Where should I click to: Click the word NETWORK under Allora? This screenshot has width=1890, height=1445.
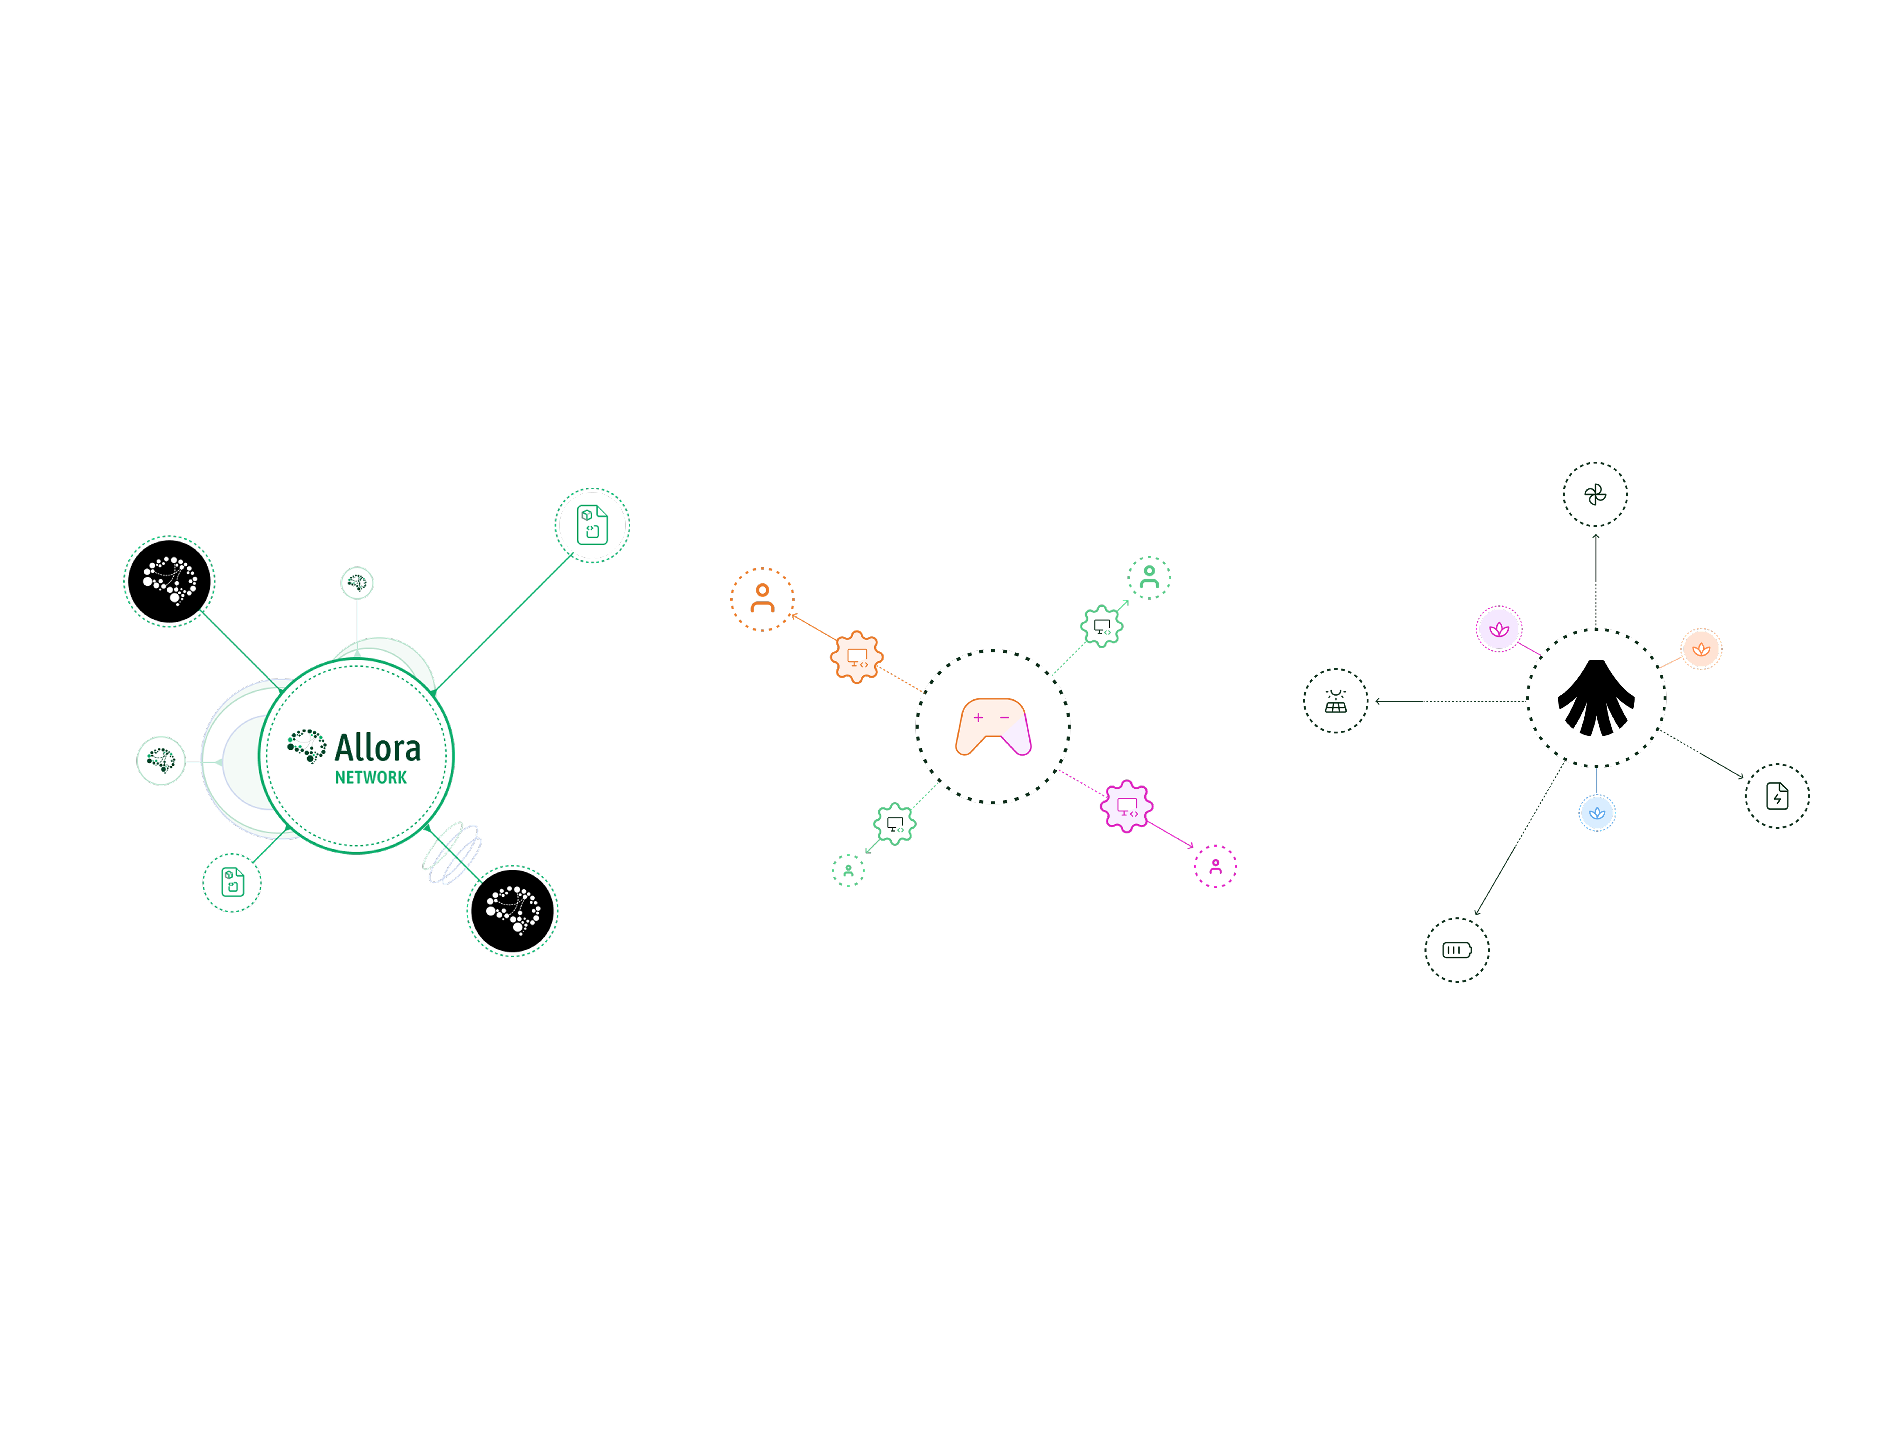(x=371, y=778)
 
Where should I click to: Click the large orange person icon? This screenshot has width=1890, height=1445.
(x=762, y=599)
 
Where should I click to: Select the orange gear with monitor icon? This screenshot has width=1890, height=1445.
(x=856, y=657)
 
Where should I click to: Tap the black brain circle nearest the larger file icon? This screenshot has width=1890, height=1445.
(x=169, y=581)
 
